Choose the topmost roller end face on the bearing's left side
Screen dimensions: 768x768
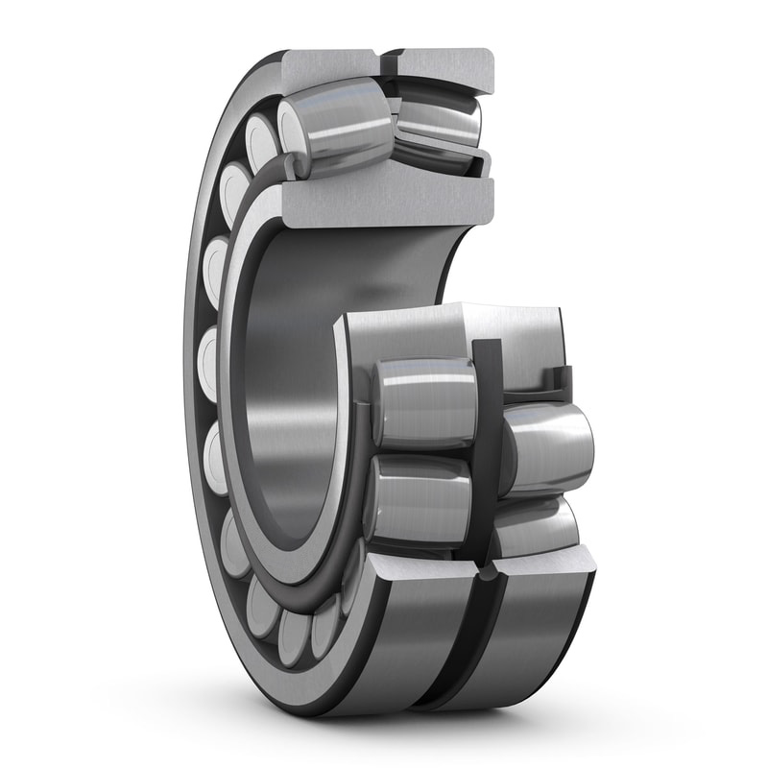click(x=261, y=135)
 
